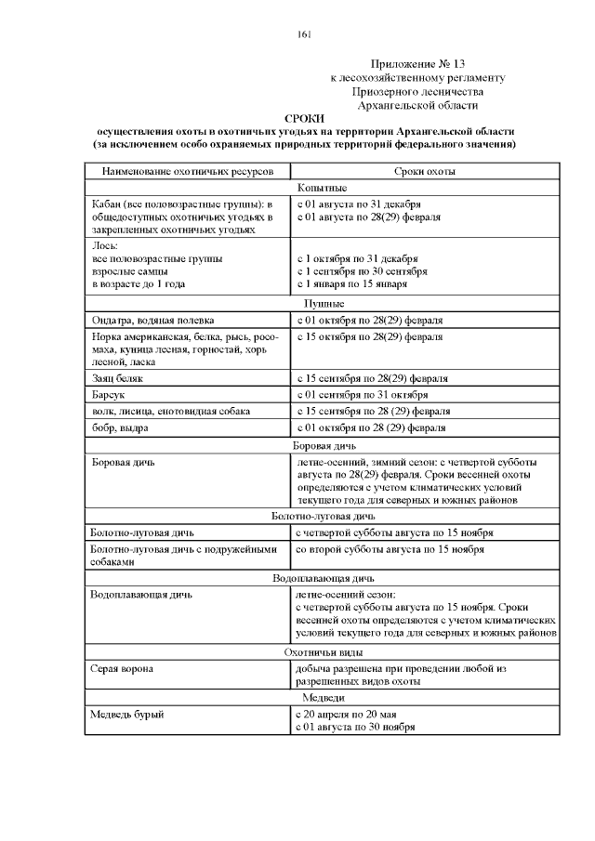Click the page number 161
pyautogui.click(x=304, y=34)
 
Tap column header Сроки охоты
pyautogui.click(x=424, y=172)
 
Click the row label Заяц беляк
pyautogui.click(x=116, y=379)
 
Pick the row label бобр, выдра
pyautogui.click(x=119, y=427)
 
